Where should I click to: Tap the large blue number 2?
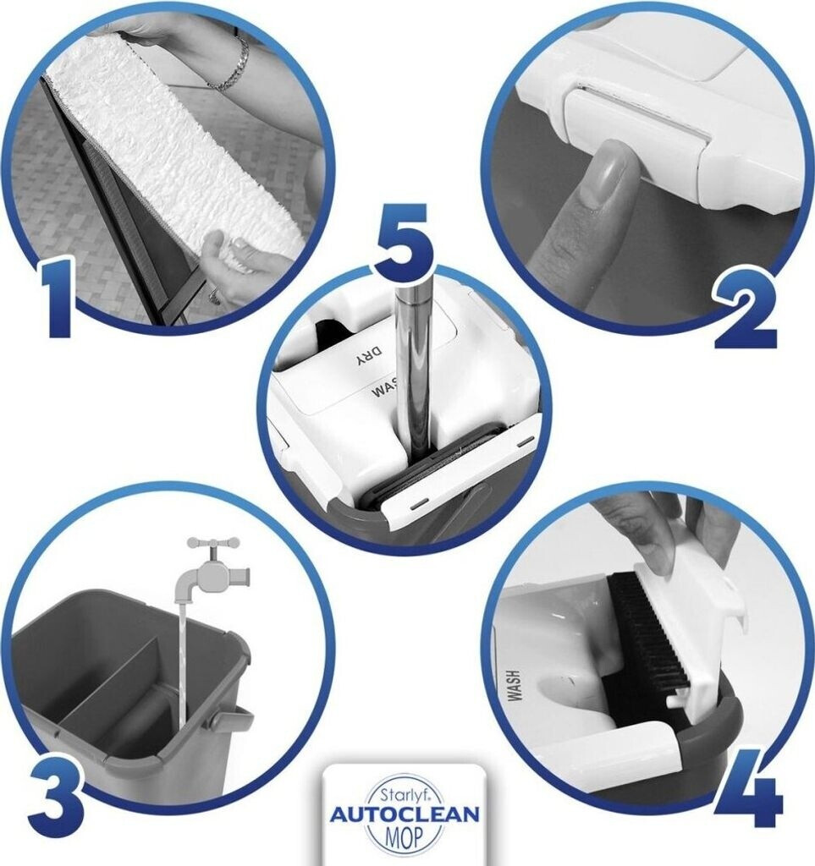[746, 311]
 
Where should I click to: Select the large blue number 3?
[56, 790]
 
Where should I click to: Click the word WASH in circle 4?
[515, 686]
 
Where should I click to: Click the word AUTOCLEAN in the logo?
[405, 814]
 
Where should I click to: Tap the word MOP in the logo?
[405, 837]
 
